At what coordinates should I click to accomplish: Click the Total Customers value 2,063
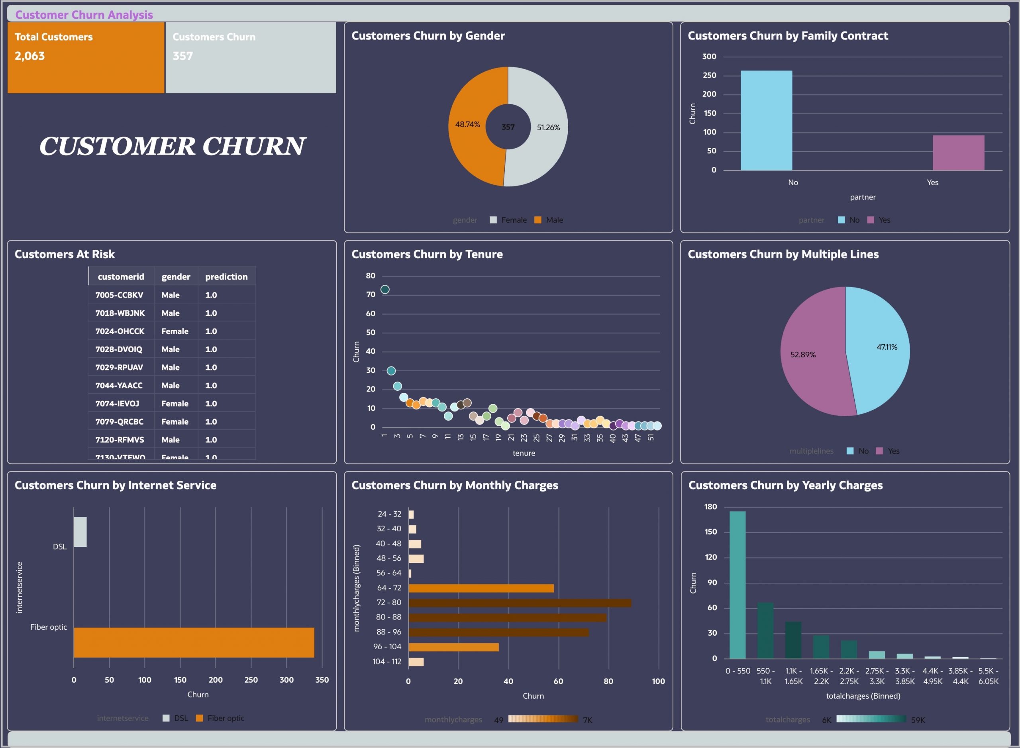pos(30,56)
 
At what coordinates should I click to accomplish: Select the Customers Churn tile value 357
pos(182,56)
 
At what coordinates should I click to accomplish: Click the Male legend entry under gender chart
pos(553,220)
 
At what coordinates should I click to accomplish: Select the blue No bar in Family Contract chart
pos(766,120)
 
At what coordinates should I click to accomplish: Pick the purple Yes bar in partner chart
pos(958,153)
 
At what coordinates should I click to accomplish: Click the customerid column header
pos(121,277)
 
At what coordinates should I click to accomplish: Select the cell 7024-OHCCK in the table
pos(120,331)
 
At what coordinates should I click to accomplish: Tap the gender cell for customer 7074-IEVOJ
pos(175,404)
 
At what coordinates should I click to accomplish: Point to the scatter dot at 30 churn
pos(391,371)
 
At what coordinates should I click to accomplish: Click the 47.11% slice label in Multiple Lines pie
pos(887,347)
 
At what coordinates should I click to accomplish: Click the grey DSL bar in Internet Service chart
pos(80,532)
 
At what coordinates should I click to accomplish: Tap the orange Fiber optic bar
pos(194,642)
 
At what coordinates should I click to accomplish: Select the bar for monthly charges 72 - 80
pos(520,603)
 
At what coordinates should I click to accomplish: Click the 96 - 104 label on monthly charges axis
pos(387,647)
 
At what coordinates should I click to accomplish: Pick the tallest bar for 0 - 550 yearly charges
pos(738,585)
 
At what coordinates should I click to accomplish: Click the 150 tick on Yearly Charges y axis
pos(710,532)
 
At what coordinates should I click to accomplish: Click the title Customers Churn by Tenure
pos(427,255)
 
